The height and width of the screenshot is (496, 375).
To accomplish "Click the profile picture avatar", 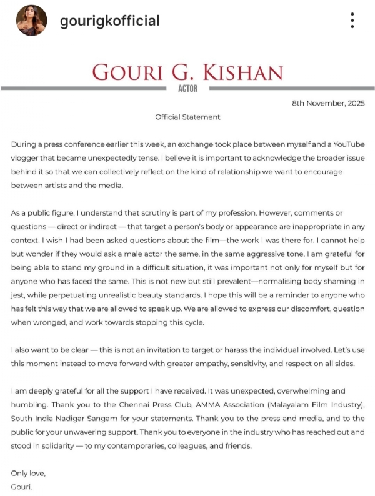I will point(31,21).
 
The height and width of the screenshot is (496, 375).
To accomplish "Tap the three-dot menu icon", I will point(352,21).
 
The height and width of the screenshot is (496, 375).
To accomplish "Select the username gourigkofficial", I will point(109,21).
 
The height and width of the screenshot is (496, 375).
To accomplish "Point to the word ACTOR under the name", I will point(187,89).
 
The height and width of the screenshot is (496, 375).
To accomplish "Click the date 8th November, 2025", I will point(328,103).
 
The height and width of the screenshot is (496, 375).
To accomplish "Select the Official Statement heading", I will point(187,117).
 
